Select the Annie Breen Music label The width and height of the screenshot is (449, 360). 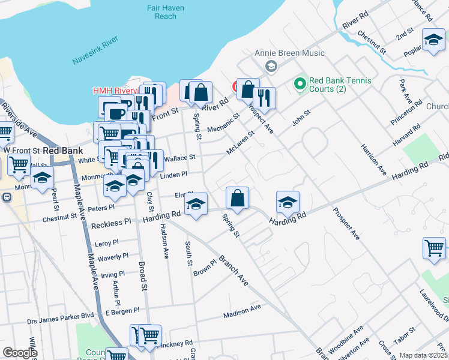coord(289,53)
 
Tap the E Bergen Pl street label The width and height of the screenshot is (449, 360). coord(122,311)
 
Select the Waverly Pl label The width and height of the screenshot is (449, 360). coord(113,257)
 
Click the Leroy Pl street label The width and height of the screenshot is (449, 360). coord(112,244)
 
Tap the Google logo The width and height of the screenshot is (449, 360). coord(20,353)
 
